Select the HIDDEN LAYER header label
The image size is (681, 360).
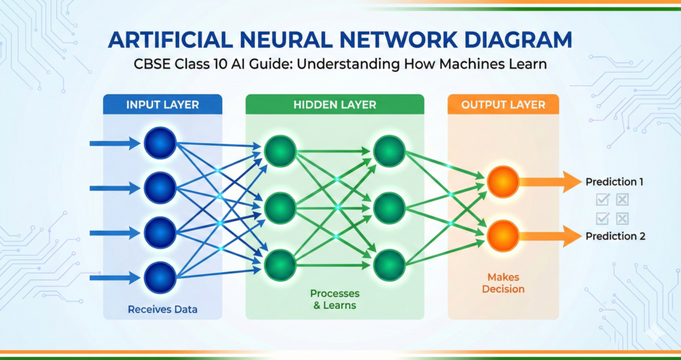tap(335, 104)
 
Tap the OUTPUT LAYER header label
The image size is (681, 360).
tap(503, 104)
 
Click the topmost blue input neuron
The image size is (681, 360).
tap(160, 142)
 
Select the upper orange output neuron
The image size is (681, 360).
tap(502, 182)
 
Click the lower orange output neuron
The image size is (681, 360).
tap(502, 236)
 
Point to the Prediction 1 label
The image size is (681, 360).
tap(615, 182)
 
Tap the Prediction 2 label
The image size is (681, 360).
tap(615, 236)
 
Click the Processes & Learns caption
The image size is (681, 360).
tap(335, 299)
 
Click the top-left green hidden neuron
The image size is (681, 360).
tap(280, 152)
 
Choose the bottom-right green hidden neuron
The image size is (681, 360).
tap(389, 265)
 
